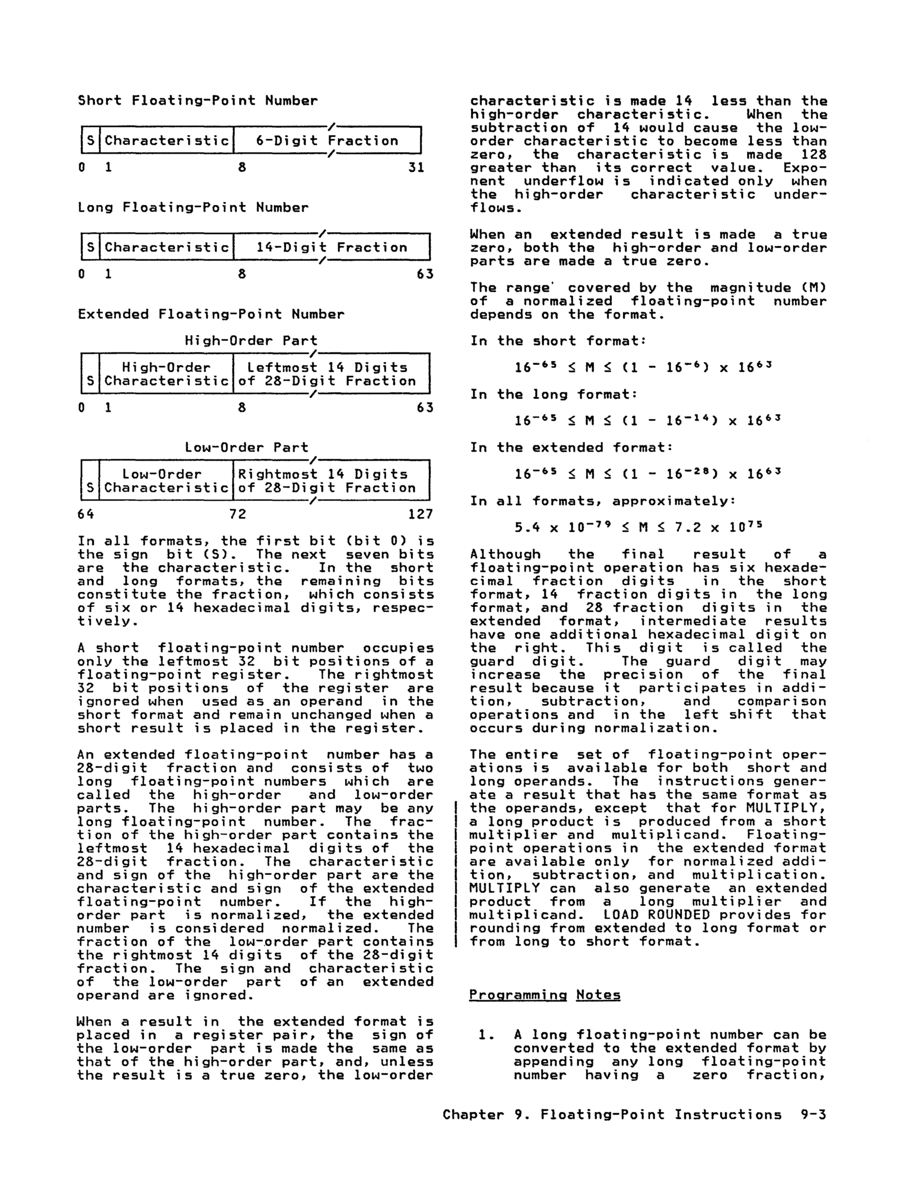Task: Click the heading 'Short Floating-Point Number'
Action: point(198,101)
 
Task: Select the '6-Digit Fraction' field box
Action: point(327,141)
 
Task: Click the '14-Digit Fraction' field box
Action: point(331,247)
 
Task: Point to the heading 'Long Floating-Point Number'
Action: point(193,207)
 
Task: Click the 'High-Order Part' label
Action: point(251,341)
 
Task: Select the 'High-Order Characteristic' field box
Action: point(167,374)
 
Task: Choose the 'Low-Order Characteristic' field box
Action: point(167,481)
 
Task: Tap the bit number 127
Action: point(421,514)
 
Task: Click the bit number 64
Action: point(86,514)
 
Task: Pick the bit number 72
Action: point(237,514)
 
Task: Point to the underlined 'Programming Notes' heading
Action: point(545,995)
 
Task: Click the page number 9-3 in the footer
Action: point(813,1114)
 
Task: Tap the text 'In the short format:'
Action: point(558,341)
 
